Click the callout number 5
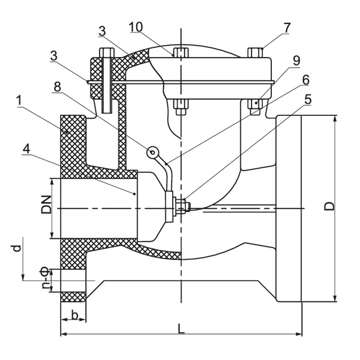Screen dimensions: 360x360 click(308, 100)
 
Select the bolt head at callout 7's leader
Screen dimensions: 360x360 click(254, 52)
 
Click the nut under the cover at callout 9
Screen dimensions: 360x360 click(255, 104)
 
